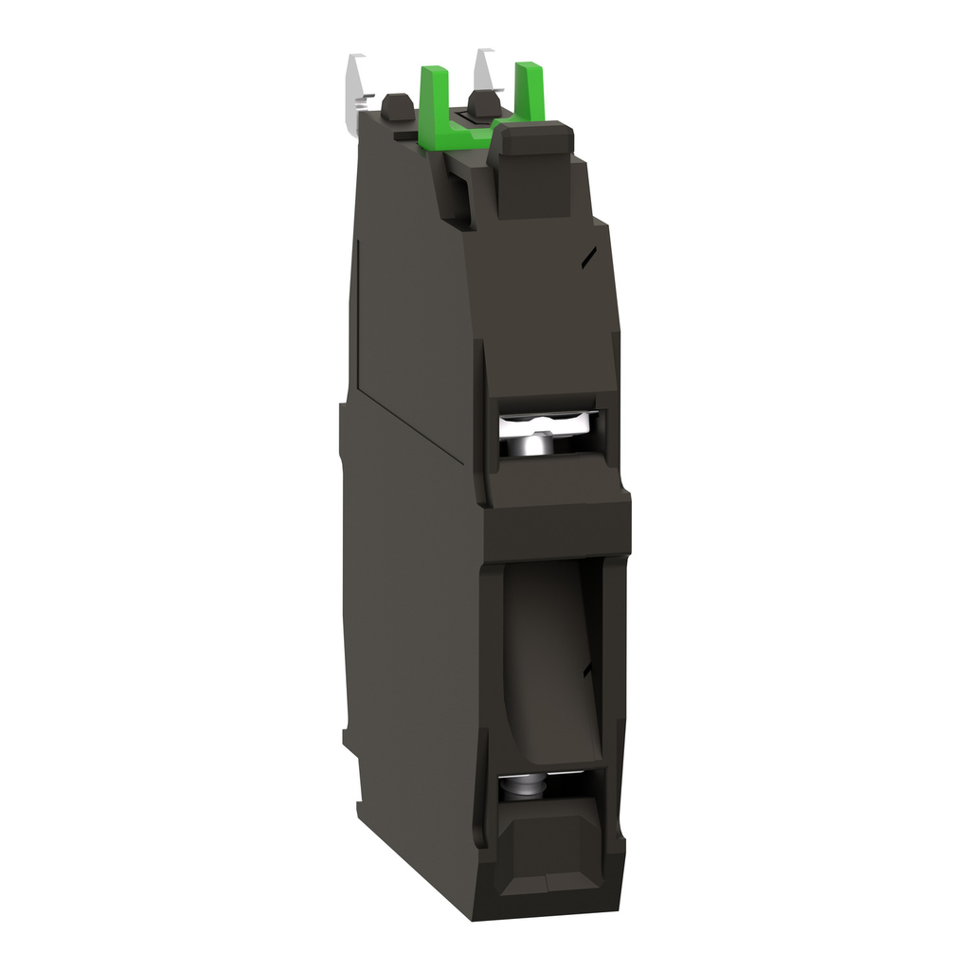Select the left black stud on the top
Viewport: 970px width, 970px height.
coord(397,109)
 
